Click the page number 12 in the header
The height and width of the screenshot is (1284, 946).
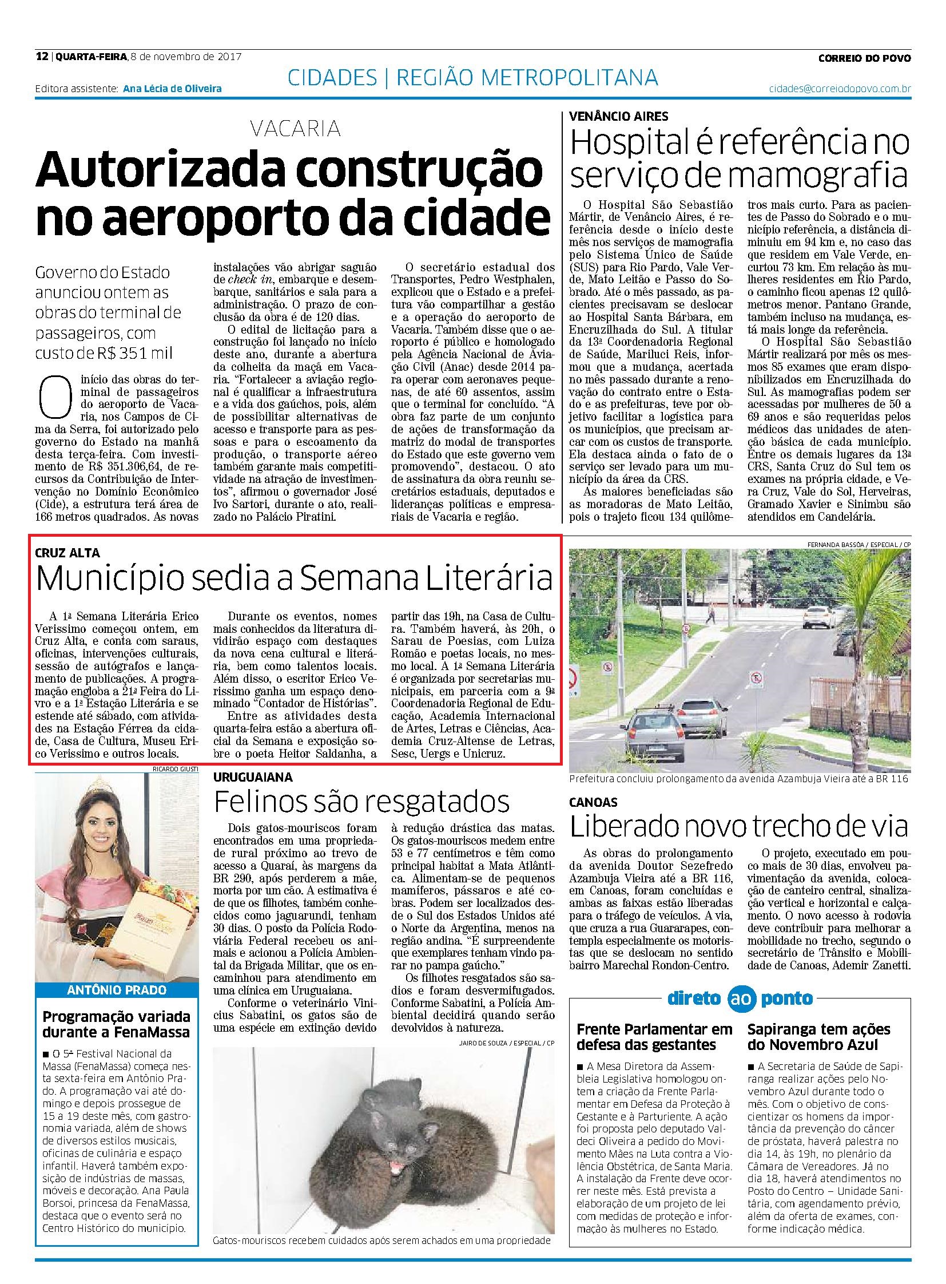click(x=41, y=57)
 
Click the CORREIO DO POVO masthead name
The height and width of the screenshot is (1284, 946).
click(x=864, y=57)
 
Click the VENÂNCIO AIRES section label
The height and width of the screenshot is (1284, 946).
click(x=618, y=116)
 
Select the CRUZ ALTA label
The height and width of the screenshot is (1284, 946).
click(x=67, y=553)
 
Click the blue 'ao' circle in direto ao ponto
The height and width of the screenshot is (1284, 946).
click(x=740, y=1014)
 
